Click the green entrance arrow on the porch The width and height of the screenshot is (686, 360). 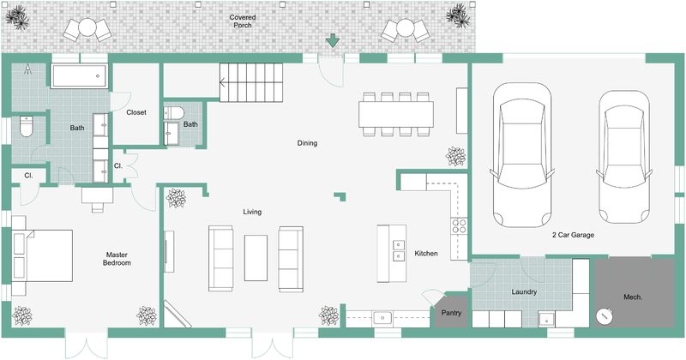332,40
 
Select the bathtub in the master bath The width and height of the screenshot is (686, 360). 79,76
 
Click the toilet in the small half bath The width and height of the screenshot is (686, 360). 175,113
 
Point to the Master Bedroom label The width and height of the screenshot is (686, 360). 117,259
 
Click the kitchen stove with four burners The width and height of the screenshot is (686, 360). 458,227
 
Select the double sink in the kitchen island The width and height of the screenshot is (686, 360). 399,251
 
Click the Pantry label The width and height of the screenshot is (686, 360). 451,314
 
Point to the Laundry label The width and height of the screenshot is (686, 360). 524,292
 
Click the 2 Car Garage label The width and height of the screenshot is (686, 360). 574,234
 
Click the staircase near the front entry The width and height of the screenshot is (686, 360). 250,82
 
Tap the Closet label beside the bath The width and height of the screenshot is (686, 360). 136,112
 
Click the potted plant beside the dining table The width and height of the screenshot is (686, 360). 454,158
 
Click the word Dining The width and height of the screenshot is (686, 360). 307,143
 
